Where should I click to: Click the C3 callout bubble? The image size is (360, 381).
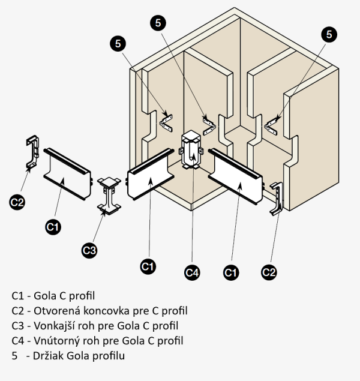click(89, 250)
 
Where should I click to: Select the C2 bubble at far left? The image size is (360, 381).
click(17, 202)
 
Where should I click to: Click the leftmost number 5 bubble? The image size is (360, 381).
click(118, 43)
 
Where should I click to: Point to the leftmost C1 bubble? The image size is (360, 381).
click(53, 226)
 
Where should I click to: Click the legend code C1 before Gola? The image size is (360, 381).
click(17, 296)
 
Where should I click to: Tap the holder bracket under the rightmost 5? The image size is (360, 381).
click(272, 124)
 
